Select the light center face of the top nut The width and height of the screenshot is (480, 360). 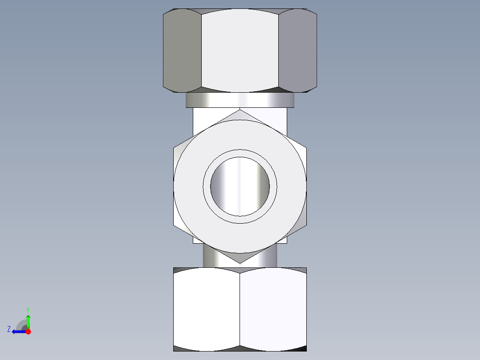240,50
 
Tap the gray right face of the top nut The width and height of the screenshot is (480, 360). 297,50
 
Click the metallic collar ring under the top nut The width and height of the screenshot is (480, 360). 240,100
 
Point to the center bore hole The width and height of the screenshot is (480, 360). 240,187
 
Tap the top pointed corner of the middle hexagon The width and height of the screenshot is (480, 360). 240,109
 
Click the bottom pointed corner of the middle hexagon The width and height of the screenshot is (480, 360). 240,263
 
